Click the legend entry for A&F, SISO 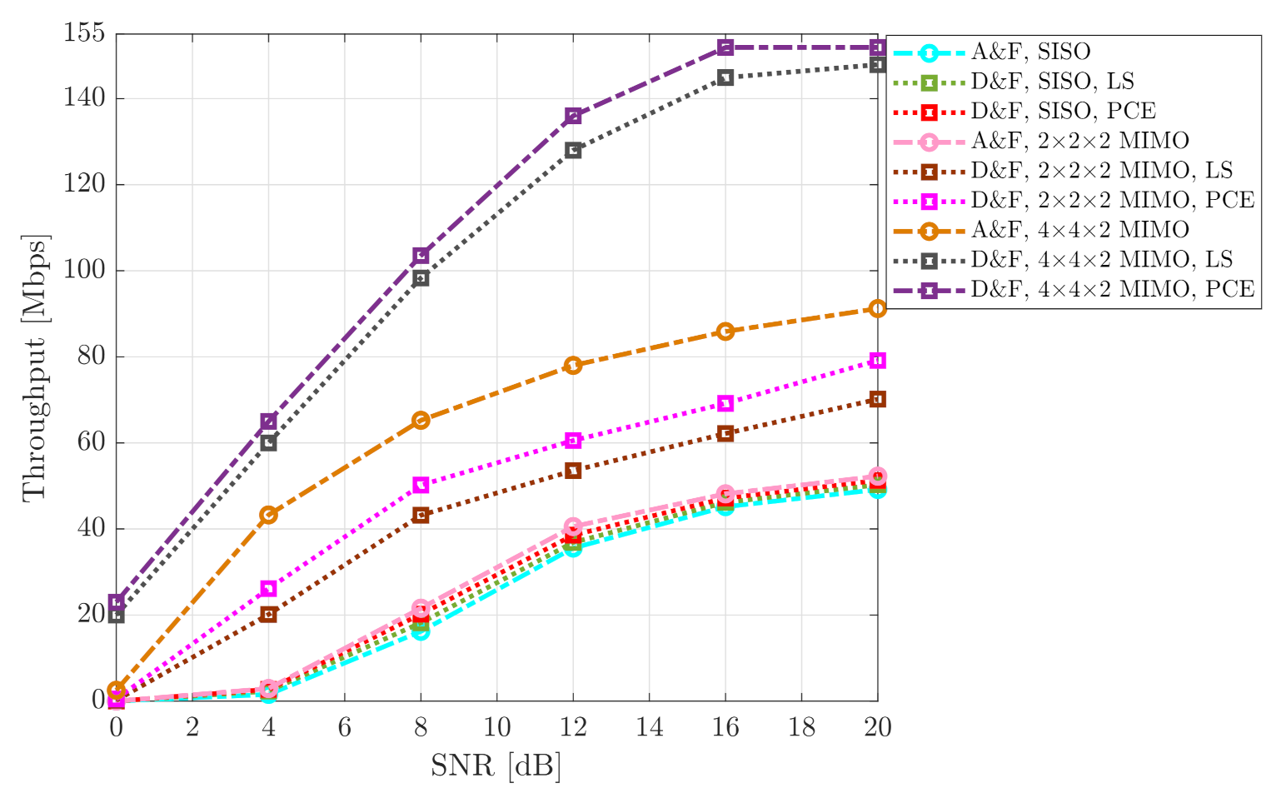click(1030, 52)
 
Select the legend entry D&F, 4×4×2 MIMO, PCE click(1112, 289)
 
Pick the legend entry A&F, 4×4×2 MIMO click(1079, 230)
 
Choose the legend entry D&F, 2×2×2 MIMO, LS click(1101, 171)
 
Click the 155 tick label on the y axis click(84, 34)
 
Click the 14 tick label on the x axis click(649, 727)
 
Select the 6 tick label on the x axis click(344, 727)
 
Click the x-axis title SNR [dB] click(496, 765)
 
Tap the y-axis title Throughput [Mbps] click(35, 367)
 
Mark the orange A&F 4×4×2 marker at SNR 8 click(421, 420)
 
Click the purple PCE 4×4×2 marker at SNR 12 click(573, 116)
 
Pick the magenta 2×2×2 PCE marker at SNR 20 click(877, 360)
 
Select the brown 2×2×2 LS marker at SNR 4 click(268, 615)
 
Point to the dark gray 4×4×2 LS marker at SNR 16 click(725, 77)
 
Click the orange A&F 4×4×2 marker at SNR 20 click(877, 309)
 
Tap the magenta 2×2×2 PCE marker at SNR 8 click(421, 485)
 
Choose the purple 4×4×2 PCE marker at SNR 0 click(117, 601)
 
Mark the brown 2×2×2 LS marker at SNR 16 click(725, 433)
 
